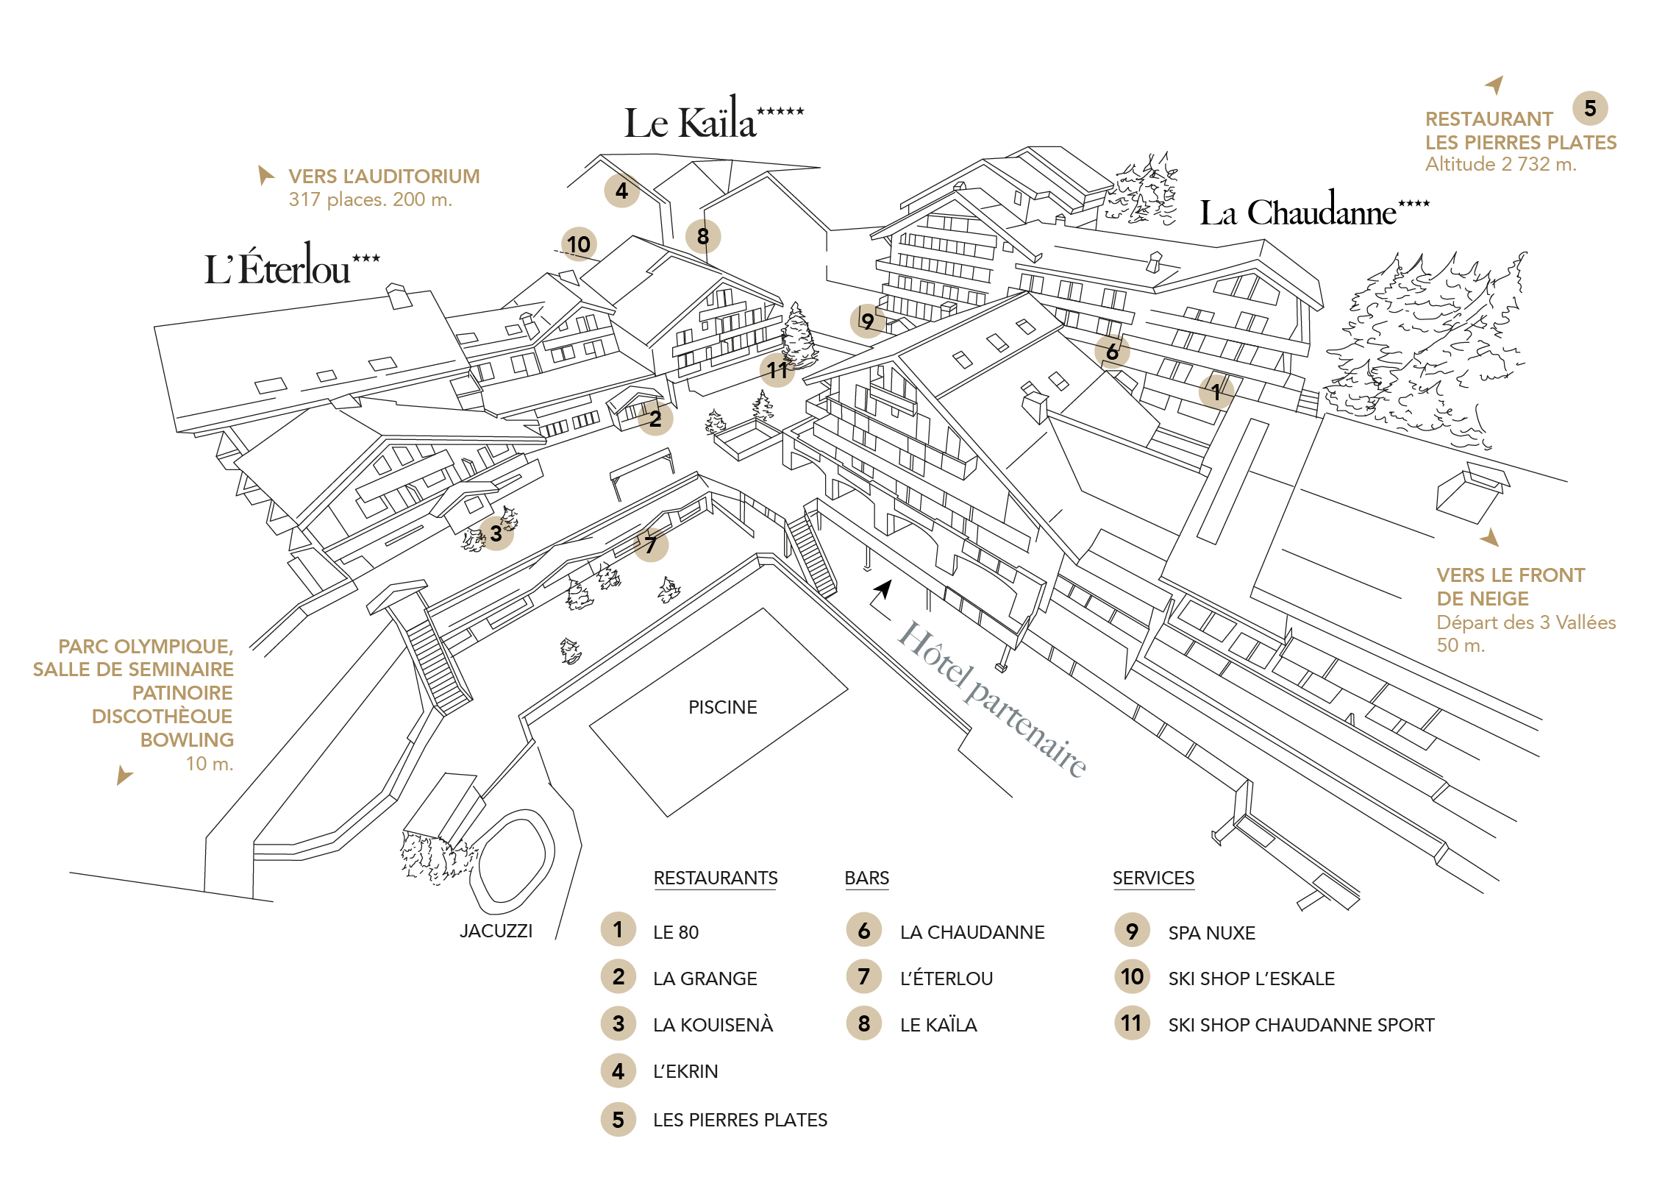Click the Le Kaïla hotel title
point(713,118)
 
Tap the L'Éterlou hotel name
point(292,265)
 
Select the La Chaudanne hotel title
point(1314,210)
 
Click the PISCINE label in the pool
point(722,707)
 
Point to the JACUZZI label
point(496,931)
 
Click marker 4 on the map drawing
point(621,191)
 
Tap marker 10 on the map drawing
point(579,244)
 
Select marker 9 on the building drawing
point(868,321)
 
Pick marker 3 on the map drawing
point(496,533)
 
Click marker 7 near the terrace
point(651,544)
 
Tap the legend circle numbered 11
point(1132,1023)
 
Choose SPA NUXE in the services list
point(1211,933)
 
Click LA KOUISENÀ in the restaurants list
point(713,1025)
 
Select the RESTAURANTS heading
point(715,878)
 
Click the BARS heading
point(866,878)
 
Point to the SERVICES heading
point(1153,878)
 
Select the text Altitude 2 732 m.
point(1500,164)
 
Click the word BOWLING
point(187,739)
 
